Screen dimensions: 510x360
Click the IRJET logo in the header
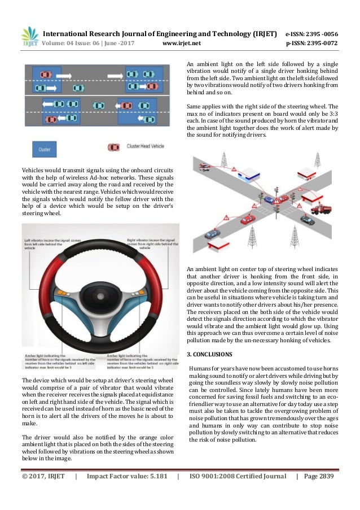[x=29, y=37]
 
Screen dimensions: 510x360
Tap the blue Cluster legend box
[x=44, y=149]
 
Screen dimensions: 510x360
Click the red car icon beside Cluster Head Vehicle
[x=113, y=147]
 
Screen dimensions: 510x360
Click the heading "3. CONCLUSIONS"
[x=209, y=354]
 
